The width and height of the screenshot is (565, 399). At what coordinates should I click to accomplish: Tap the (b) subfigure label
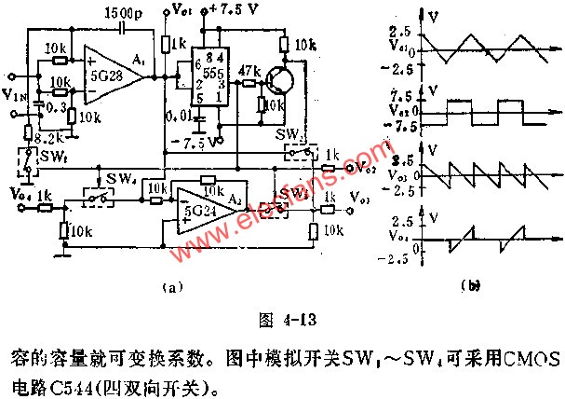click(x=474, y=288)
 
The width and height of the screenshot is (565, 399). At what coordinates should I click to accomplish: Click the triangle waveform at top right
click(x=475, y=43)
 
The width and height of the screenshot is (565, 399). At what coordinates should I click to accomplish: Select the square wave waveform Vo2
click(x=475, y=110)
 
